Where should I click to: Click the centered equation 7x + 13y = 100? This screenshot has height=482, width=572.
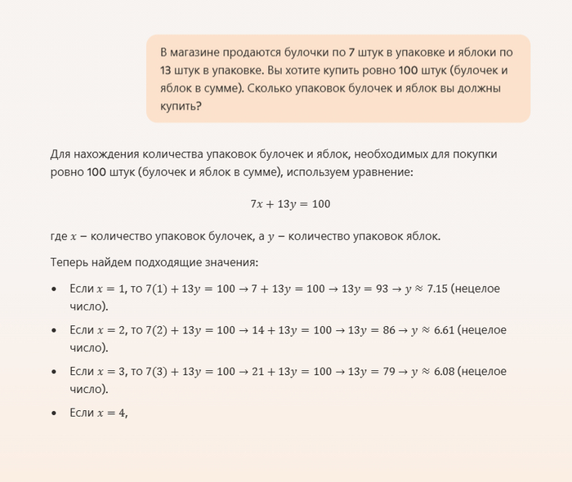coord(290,203)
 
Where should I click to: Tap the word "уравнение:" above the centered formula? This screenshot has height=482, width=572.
coord(387,172)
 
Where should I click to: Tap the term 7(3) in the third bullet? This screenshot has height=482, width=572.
coord(157,372)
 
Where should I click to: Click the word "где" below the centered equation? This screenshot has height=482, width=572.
coord(58,236)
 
